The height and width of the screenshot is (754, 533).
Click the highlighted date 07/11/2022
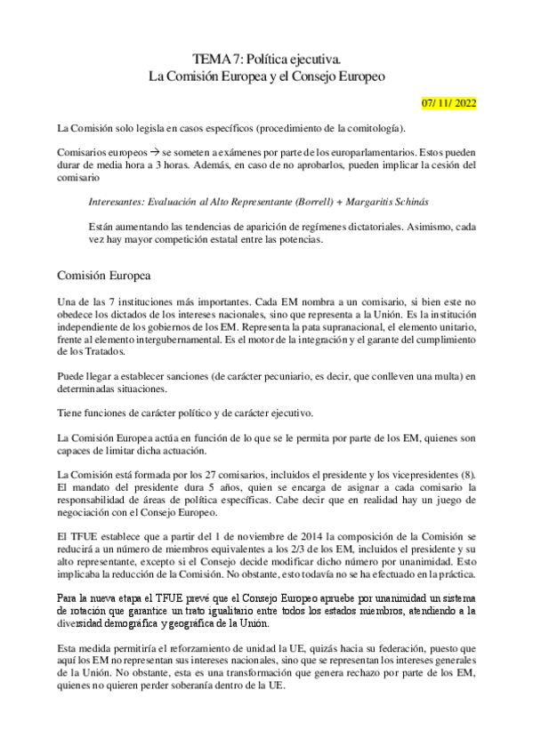click(x=449, y=103)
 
